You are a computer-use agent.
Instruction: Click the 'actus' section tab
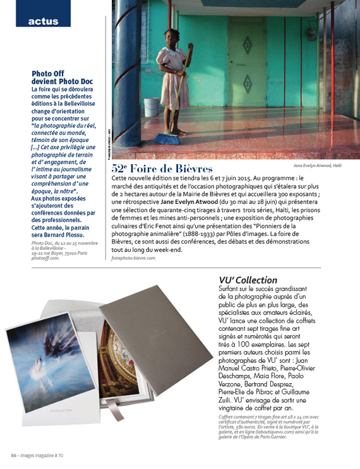pyautogui.click(x=42, y=21)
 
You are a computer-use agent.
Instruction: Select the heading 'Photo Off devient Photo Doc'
pyautogui.click(x=58, y=78)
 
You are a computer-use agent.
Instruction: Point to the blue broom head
pyautogui.click(x=167, y=138)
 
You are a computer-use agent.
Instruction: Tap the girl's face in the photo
pyautogui.click(x=174, y=39)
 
